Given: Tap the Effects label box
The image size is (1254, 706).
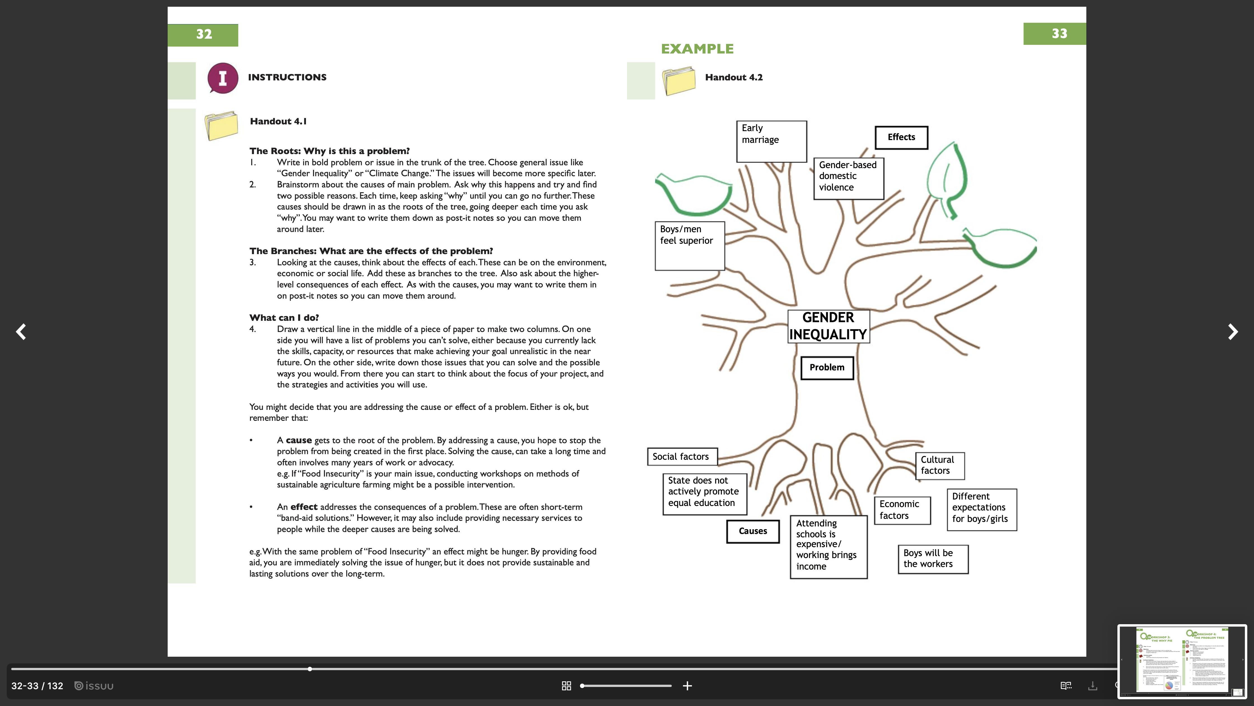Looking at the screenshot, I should (x=901, y=137).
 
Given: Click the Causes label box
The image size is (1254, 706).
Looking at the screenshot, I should (x=753, y=531).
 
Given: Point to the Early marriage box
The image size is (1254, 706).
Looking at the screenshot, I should (x=771, y=141).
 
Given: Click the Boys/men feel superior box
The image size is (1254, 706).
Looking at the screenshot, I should (x=689, y=245).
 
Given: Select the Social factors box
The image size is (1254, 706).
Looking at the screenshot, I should (x=682, y=457).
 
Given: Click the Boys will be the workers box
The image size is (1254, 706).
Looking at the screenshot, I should (x=932, y=559).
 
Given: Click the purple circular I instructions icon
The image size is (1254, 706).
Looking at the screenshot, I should (x=223, y=78).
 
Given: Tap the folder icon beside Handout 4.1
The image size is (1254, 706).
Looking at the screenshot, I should (x=221, y=126).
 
